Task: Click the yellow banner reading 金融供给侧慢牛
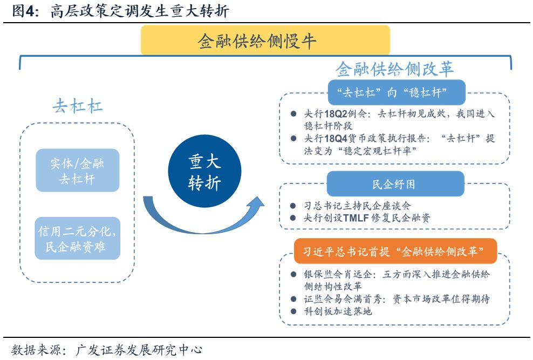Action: (x=265, y=40)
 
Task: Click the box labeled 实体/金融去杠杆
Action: (x=77, y=171)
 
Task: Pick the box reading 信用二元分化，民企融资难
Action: (x=77, y=239)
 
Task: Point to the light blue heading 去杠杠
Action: (x=77, y=106)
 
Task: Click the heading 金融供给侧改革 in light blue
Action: (x=394, y=70)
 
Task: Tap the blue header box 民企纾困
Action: (x=394, y=184)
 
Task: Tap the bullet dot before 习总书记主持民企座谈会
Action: (x=293, y=206)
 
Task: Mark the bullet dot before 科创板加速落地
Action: (x=293, y=311)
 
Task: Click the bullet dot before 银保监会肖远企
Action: (x=293, y=275)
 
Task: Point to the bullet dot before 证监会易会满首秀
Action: (x=293, y=299)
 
